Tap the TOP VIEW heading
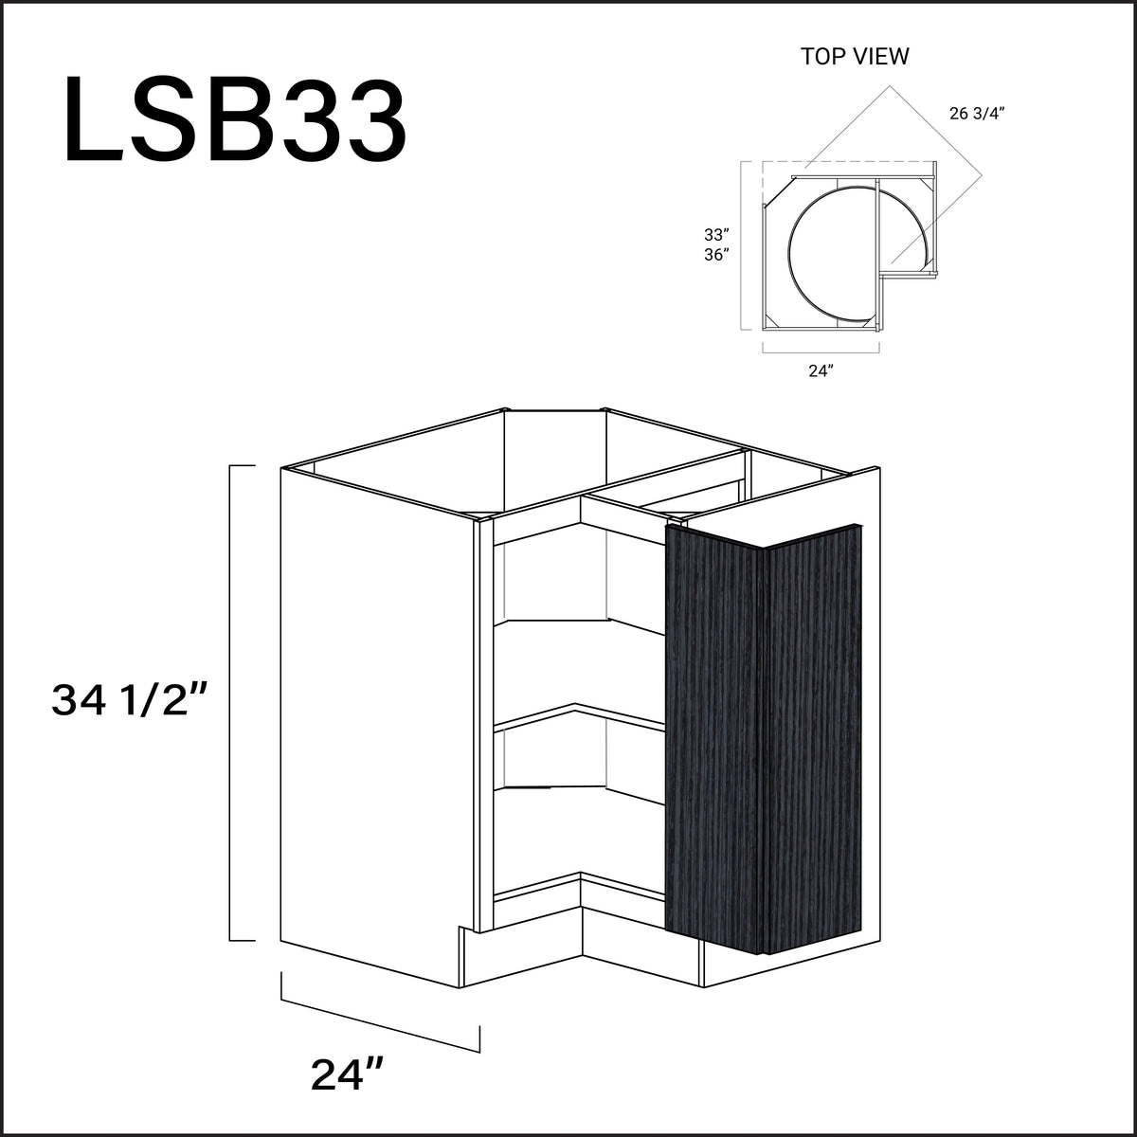coord(855,57)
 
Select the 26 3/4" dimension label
coord(976,113)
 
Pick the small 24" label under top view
coord(821,370)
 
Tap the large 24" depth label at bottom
coord(347,1074)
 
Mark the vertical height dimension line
coord(231,702)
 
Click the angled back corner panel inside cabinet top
coord(554,464)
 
